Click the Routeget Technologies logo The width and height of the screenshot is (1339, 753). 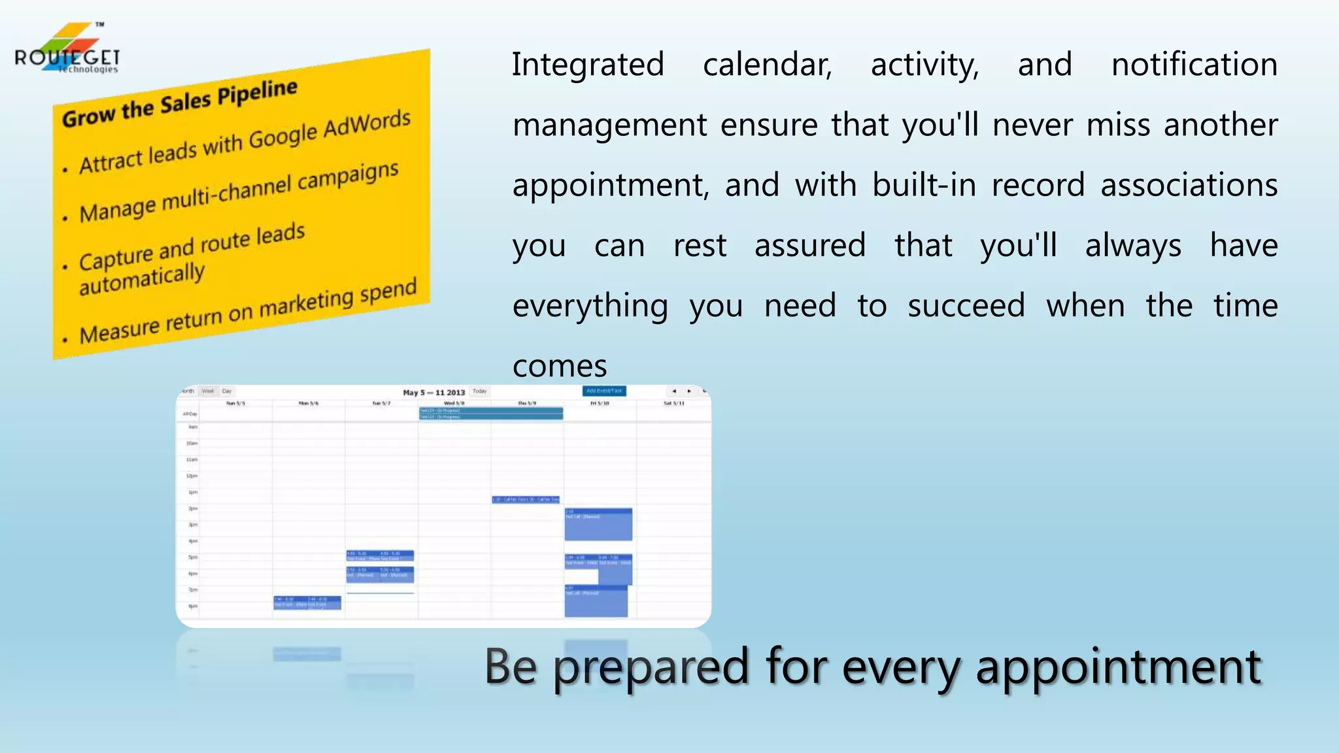click(x=67, y=50)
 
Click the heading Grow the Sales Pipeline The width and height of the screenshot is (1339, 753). click(x=180, y=104)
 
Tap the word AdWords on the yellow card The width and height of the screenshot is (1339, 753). click(x=367, y=124)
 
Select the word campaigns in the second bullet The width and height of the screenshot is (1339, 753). click(x=348, y=178)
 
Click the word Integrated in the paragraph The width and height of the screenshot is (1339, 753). click(x=587, y=65)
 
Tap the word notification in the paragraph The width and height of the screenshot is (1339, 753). click(x=1194, y=65)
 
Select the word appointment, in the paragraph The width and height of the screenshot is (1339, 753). click(x=610, y=186)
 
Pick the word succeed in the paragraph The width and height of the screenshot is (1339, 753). click(x=966, y=306)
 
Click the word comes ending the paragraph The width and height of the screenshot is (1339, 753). click(x=560, y=366)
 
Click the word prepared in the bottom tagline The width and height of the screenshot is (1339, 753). click(x=651, y=667)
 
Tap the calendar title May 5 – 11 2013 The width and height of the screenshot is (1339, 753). click(x=433, y=392)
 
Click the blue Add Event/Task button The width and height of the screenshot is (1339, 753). click(x=604, y=391)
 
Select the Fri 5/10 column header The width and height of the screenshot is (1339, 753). click(x=600, y=403)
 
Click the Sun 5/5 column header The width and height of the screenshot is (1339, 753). click(x=235, y=403)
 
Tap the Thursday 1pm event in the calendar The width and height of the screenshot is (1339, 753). click(x=526, y=499)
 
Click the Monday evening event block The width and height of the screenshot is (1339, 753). click(x=307, y=602)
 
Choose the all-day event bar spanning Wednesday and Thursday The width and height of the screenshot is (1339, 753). click(x=490, y=413)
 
